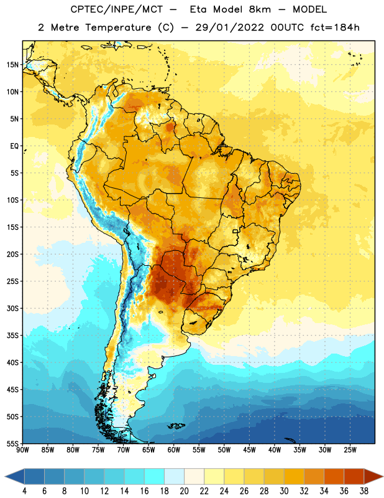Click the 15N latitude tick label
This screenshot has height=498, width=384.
(12, 65)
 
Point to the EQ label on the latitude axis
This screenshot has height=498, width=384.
(14, 146)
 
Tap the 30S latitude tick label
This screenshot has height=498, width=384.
(12, 308)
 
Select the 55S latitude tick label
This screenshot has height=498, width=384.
(12, 443)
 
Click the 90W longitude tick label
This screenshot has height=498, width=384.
(22, 450)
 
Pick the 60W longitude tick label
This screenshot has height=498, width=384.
(174, 450)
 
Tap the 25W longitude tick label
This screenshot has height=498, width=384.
(350, 450)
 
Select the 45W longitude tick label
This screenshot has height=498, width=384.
(249, 450)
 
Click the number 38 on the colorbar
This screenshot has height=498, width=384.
(364, 491)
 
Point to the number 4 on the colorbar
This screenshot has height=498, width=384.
(24, 491)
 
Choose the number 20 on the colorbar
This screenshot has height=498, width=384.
(184, 491)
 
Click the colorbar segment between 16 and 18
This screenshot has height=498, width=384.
(155, 477)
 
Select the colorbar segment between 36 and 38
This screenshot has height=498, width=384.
(354, 477)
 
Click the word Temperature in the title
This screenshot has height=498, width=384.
(118, 27)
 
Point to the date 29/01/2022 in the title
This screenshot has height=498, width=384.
(229, 27)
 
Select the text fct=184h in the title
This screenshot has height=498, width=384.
(335, 27)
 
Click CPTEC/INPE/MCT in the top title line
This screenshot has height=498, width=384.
(117, 9)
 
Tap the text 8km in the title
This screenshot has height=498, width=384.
(260, 9)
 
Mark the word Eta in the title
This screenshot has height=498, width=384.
(199, 9)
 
